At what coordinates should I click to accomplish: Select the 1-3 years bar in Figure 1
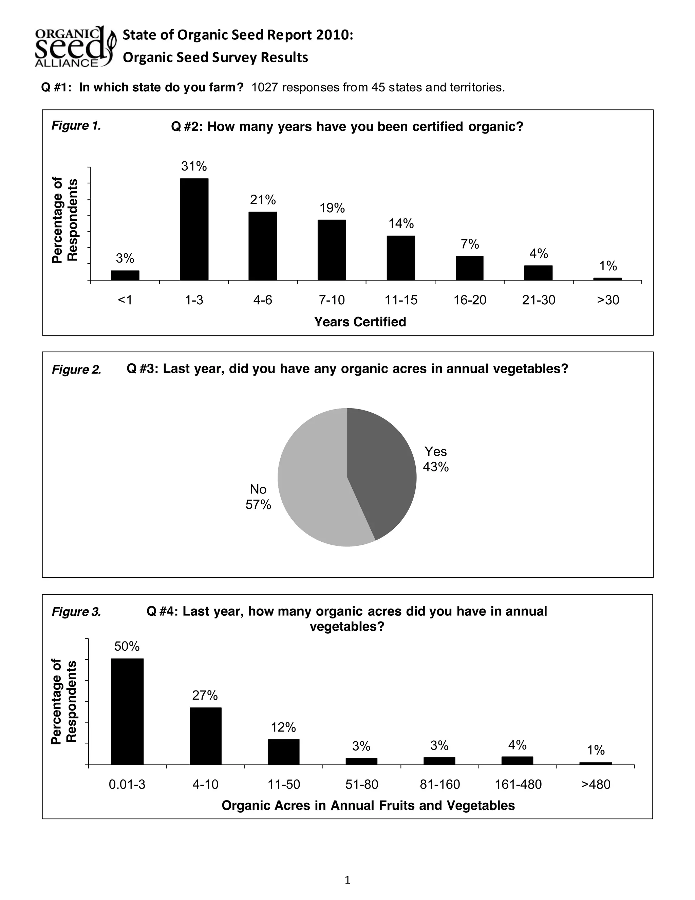[x=194, y=229]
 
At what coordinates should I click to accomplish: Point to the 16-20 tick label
[x=470, y=300]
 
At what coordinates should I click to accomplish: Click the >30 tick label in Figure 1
[x=608, y=300]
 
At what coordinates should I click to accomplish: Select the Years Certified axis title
[x=360, y=322]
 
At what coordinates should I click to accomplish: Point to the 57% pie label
[x=258, y=504]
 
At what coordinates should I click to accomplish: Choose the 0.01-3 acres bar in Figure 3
[x=127, y=711]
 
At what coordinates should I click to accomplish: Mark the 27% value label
[x=205, y=695]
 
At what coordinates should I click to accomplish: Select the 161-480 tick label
[x=518, y=784]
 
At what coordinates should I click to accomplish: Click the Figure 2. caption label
[x=77, y=370]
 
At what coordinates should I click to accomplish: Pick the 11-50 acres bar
[x=284, y=752]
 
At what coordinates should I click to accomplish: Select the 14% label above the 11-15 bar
[x=401, y=224]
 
